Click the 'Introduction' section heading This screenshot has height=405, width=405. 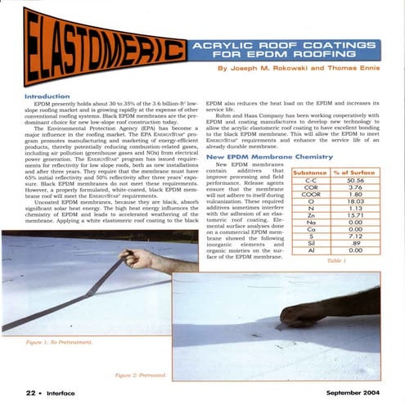tap(36, 96)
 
